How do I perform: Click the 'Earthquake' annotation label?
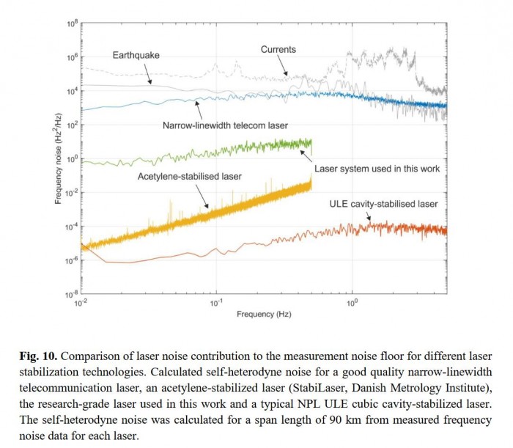click(x=136, y=55)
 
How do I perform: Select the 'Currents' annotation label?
click(x=278, y=49)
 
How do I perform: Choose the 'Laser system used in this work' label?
click(x=377, y=169)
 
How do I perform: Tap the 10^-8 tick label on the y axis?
click(x=72, y=295)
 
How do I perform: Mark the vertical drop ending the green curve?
click(x=311, y=149)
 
